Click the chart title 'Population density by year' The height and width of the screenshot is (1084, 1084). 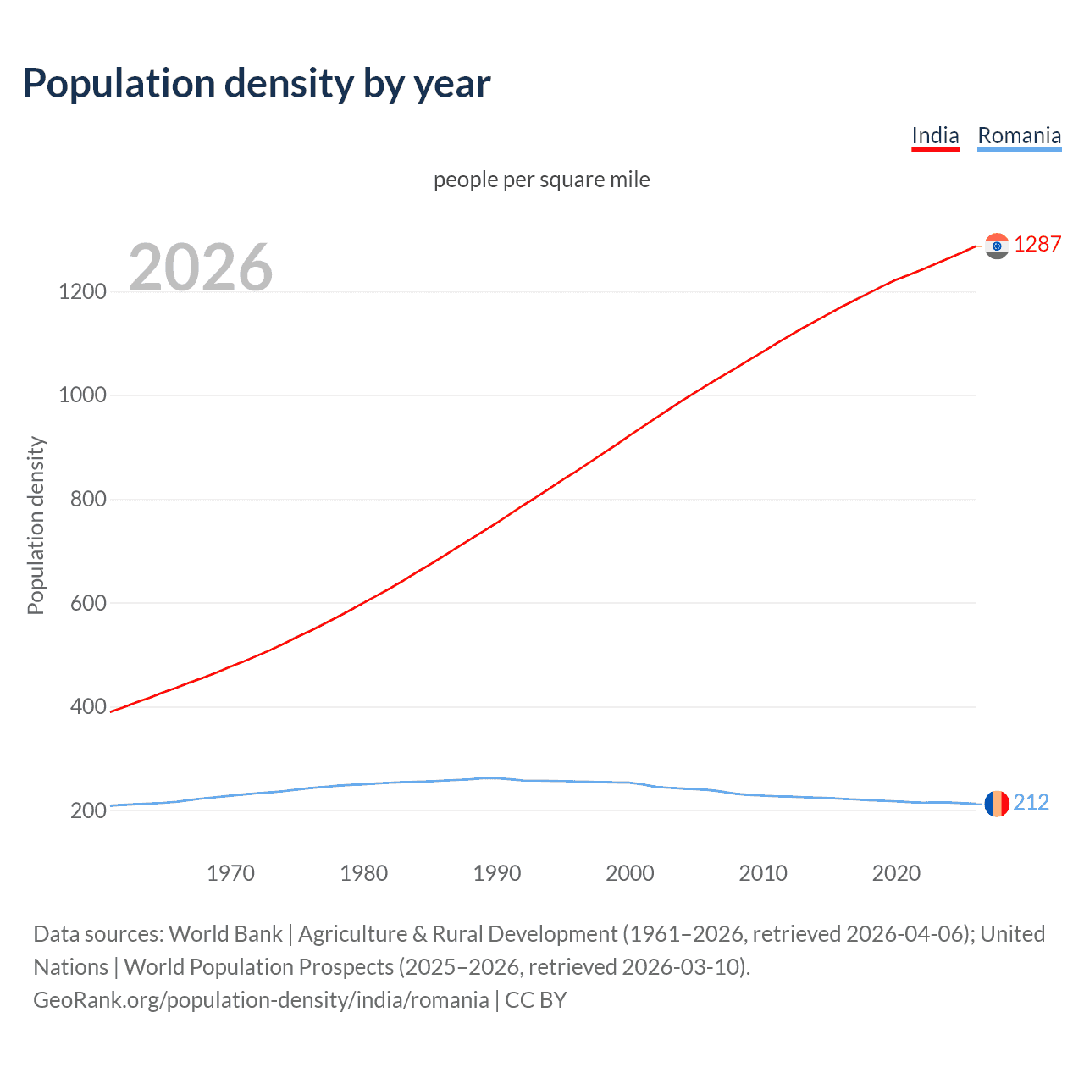click(x=257, y=84)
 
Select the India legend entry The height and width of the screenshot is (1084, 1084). click(x=935, y=135)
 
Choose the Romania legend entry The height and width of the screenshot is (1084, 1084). click(x=1019, y=135)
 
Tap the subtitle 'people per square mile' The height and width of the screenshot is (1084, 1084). click(x=541, y=180)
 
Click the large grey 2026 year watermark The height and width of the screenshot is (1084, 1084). click(x=201, y=268)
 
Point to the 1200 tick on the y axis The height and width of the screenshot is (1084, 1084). click(x=83, y=291)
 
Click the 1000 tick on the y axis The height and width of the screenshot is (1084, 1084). click(x=83, y=395)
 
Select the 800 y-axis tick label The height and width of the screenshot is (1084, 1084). click(x=88, y=499)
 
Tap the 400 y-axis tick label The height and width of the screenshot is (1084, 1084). click(x=88, y=706)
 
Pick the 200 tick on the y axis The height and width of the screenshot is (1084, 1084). click(x=88, y=810)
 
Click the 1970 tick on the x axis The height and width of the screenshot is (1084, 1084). click(x=230, y=873)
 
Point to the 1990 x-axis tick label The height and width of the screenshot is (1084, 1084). click(x=497, y=873)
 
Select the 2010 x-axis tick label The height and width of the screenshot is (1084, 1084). click(x=763, y=873)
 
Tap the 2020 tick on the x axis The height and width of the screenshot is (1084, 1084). click(x=896, y=873)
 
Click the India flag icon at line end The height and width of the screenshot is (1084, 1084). click(x=997, y=246)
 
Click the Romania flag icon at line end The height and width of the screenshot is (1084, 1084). click(x=997, y=803)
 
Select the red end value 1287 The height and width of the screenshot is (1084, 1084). click(x=1037, y=245)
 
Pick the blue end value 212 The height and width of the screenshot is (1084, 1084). click(x=1031, y=802)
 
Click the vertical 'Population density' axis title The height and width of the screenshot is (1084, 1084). click(x=36, y=525)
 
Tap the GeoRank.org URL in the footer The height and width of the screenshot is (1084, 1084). click(x=261, y=1000)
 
